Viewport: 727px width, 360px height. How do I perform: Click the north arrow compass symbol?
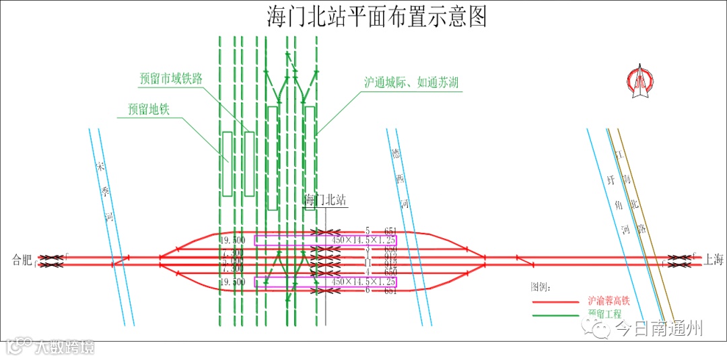click(639, 82)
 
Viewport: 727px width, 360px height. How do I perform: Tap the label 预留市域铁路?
click(171, 79)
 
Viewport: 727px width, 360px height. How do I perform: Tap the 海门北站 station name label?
click(325, 200)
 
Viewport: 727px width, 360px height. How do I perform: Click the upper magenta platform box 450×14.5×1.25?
click(325, 240)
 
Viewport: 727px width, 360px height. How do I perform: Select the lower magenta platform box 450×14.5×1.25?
click(325, 282)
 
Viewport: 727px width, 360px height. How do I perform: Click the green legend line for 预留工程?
click(555, 314)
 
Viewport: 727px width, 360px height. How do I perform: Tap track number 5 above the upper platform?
click(368, 231)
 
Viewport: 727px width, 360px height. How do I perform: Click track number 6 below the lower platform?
click(368, 291)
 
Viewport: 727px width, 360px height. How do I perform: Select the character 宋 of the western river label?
click(101, 166)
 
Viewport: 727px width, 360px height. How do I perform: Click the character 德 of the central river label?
click(396, 153)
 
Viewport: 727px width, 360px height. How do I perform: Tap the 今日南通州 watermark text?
click(660, 328)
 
